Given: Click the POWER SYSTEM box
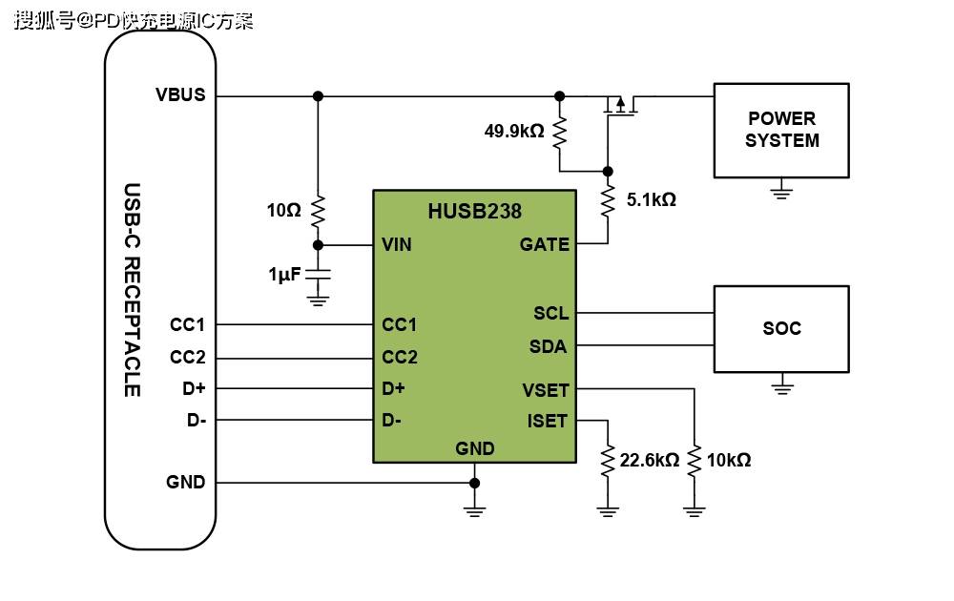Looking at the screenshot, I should click(x=781, y=130).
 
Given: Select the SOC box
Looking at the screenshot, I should click(x=781, y=328).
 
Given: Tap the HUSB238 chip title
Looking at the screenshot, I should click(x=474, y=211).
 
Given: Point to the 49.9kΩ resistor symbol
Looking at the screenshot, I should click(x=560, y=131).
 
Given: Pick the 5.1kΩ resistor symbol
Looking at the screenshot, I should click(x=607, y=201).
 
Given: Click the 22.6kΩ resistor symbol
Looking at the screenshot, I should click(x=607, y=461).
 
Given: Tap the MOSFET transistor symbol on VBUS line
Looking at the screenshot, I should click(x=619, y=106).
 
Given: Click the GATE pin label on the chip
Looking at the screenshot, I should click(x=544, y=245).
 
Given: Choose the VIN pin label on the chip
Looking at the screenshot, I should click(x=397, y=245).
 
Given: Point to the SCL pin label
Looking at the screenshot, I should click(x=550, y=313).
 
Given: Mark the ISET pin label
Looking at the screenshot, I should click(x=548, y=421).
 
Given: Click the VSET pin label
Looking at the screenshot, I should click(x=546, y=389).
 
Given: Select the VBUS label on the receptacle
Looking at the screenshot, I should click(x=180, y=95).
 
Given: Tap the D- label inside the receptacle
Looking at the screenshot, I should click(x=197, y=420).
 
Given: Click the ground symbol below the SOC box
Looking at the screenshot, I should click(x=782, y=386).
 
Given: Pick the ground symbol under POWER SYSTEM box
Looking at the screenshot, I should click(x=782, y=192).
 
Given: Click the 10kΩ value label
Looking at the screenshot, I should click(x=729, y=461).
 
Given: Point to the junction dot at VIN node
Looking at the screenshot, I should click(x=319, y=245).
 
